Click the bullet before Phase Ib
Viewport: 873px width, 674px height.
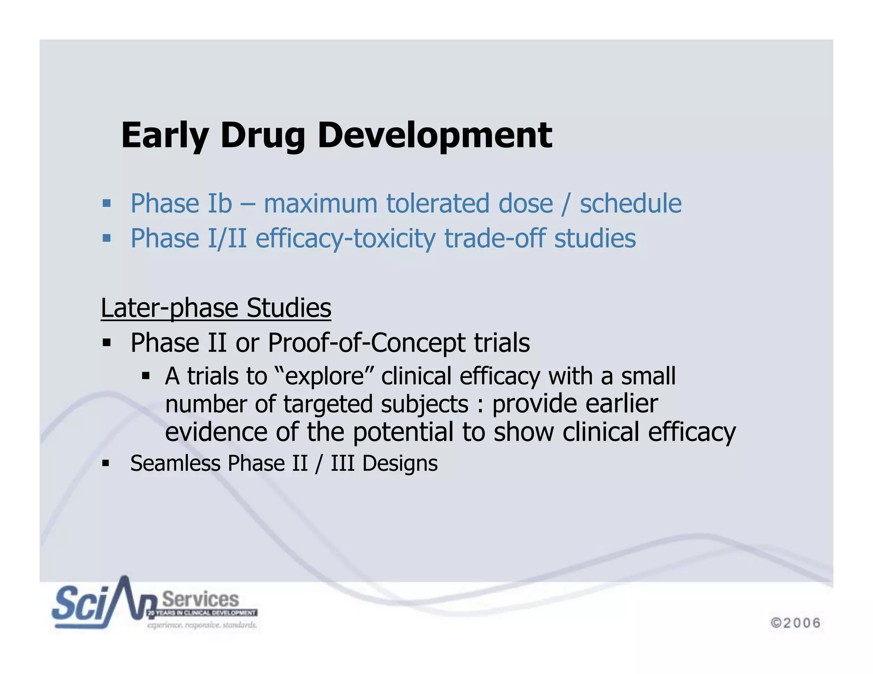[107, 203]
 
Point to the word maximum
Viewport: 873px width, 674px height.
[321, 203]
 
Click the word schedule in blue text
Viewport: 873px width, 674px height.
[630, 203]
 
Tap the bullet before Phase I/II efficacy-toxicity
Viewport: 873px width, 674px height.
[107, 238]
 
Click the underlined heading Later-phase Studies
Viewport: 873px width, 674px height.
[216, 308]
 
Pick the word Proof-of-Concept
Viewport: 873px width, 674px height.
[367, 343]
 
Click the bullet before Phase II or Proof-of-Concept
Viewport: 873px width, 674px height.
[107, 342]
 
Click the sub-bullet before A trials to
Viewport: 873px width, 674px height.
[146, 376]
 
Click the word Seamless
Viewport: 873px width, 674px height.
[175, 464]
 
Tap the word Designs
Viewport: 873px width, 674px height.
[400, 464]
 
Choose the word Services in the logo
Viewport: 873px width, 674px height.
[200, 599]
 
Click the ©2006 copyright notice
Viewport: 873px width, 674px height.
[795, 623]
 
